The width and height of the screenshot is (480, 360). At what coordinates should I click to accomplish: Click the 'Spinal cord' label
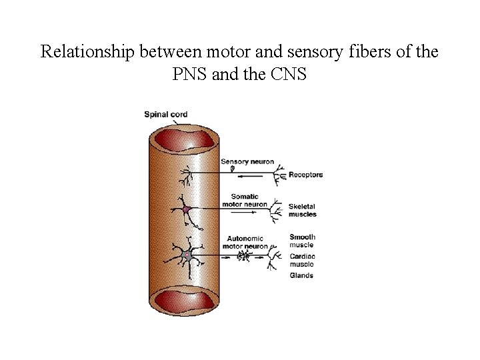point(165,114)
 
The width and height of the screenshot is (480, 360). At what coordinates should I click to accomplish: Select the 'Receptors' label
point(305,175)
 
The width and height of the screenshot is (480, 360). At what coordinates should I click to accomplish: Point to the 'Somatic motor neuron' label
point(249,200)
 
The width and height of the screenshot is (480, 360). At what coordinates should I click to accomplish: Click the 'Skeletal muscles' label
point(303,210)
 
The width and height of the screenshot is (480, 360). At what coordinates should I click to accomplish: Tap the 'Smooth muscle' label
point(302,241)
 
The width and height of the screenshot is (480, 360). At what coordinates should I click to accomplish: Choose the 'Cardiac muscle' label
point(302,261)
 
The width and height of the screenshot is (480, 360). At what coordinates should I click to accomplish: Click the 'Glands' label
point(301,275)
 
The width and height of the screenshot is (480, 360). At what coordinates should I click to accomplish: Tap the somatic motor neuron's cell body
point(187,211)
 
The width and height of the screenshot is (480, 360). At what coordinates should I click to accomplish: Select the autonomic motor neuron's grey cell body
point(187,255)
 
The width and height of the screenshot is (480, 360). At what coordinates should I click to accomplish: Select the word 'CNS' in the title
point(287,74)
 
